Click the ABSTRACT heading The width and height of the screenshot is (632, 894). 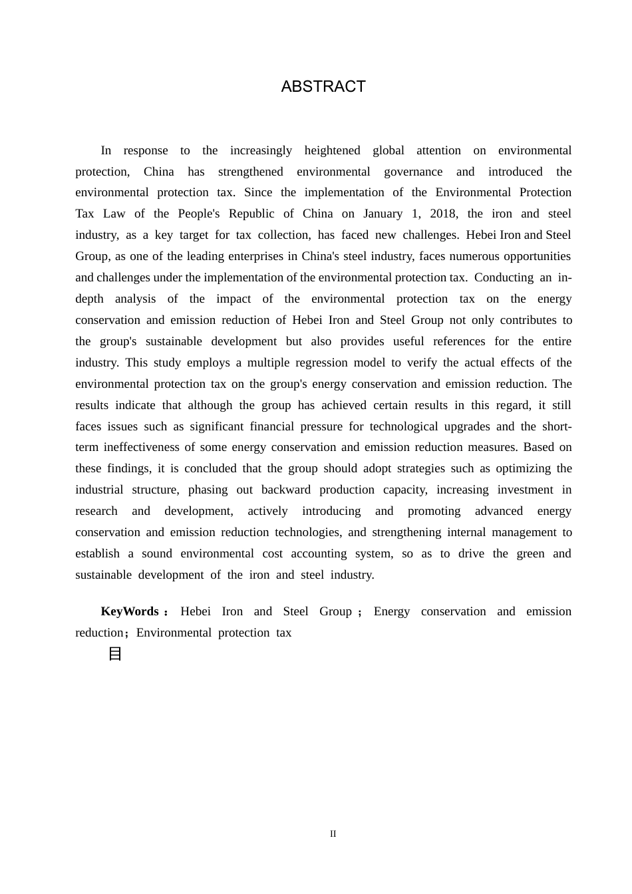coord(323,87)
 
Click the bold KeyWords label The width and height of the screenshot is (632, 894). coord(130,611)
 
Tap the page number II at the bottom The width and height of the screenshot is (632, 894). coord(333,833)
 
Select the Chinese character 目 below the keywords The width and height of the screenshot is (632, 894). coord(115,654)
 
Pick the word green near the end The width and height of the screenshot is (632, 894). coord(530,553)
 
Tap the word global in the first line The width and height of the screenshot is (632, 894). coord(389,150)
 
